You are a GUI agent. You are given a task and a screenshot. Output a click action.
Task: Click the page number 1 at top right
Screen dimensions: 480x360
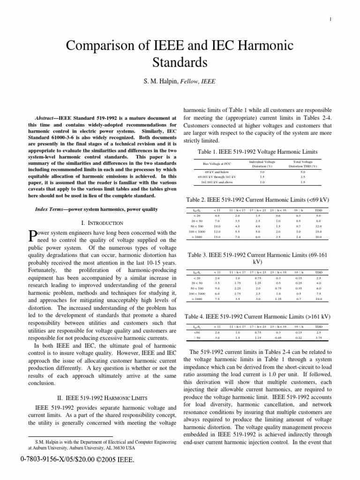(331, 19)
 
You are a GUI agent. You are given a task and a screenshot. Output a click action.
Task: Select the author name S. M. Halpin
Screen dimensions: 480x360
(159, 81)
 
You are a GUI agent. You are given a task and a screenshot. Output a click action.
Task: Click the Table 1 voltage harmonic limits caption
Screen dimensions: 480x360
(258, 151)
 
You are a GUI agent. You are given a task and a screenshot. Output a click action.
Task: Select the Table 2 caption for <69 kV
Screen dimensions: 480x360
(258, 199)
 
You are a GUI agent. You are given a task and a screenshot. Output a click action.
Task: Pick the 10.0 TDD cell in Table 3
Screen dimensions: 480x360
(318, 298)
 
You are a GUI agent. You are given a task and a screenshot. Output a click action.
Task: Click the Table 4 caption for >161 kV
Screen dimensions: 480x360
(258, 317)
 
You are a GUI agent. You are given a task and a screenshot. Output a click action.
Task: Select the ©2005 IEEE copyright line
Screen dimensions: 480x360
(77, 461)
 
